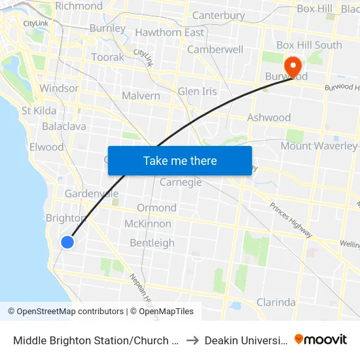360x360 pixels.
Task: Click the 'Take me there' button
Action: [179, 160]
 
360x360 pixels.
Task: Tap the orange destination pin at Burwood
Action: [292, 66]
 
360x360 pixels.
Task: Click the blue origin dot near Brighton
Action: [67, 242]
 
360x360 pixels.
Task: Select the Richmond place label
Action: [79, 6]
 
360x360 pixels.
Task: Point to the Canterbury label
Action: [218, 15]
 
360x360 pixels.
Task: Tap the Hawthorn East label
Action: [170, 32]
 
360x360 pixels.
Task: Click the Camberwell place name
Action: [215, 49]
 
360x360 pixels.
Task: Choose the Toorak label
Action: [107, 57]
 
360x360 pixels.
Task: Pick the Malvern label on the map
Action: [141, 96]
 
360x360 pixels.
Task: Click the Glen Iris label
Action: [197, 92]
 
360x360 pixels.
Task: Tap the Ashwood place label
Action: [268, 118]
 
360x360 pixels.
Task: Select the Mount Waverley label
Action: [319, 146]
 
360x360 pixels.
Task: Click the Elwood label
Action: [46, 147]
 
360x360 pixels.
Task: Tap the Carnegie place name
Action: [181, 182]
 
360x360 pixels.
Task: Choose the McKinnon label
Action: [148, 224]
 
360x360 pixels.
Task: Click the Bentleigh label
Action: [152, 243]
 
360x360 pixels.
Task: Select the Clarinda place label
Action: [276, 302]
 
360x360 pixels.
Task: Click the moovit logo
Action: [321, 340]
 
